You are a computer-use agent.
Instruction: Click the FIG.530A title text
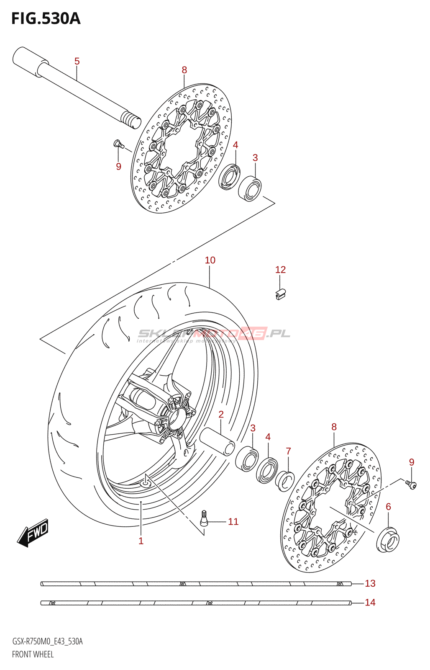click(x=46, y=18)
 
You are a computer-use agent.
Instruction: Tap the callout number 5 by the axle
click(x=77, y=61)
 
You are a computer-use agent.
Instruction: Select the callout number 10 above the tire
click(x=210, y=260)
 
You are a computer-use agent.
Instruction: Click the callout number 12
click(x=280, y=270)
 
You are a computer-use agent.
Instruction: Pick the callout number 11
click(x=233, y=521)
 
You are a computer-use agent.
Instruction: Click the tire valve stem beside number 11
click(x=204, y=518)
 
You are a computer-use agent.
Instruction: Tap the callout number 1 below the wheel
click(x=141, y=541)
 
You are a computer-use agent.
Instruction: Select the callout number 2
click(x=221, y=415)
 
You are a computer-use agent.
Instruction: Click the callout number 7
click(x=288, y=451)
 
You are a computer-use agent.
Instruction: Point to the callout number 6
click(x=388, y=507)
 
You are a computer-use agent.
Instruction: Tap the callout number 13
click(x=370, y=583)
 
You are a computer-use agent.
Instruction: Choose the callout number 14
click(x=370, y=603)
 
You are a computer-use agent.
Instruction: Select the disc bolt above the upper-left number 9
click(x=119, y=144)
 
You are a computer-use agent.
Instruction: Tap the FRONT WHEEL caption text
click(x=33, y=654)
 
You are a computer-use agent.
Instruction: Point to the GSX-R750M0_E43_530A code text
click(x=47, y=641)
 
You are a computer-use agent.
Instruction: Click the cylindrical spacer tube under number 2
click(x=217, y=441)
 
